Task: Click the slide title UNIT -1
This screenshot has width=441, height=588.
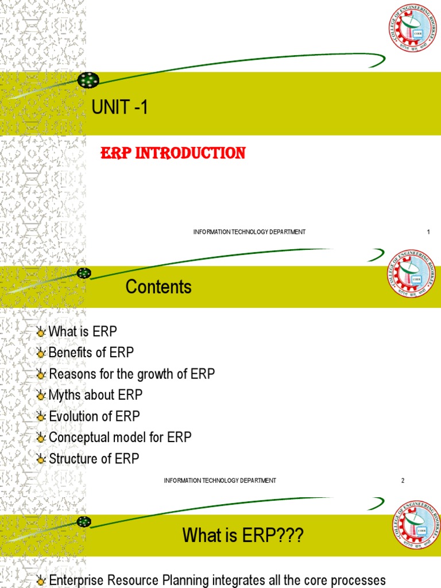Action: click(120, 107)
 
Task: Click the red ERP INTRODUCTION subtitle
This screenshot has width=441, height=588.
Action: click(173, 153)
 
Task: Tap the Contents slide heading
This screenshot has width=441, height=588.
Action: click(158, 287)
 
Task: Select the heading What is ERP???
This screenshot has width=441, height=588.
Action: click(242, 536)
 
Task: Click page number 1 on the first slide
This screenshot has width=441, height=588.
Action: click(428, 232)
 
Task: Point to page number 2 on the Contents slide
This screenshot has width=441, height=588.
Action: click(403, 481)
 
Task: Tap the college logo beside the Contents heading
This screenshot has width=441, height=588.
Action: click(411, 274)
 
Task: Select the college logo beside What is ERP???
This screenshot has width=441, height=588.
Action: click(416, 524)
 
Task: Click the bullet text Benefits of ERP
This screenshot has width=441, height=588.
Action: click(91, 353)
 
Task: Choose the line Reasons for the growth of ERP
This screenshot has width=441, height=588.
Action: click(131, 374)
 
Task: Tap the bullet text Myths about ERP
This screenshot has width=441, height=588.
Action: click(95, 395)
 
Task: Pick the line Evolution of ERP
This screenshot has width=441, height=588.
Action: click(94, 416)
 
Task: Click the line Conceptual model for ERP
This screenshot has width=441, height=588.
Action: click(120, 438)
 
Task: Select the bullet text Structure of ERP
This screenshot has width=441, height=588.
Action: click(94, 459)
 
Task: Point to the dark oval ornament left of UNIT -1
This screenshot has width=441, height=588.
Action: click(88, 80)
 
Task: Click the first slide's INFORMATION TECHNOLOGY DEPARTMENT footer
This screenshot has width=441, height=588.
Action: click(249, 232)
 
